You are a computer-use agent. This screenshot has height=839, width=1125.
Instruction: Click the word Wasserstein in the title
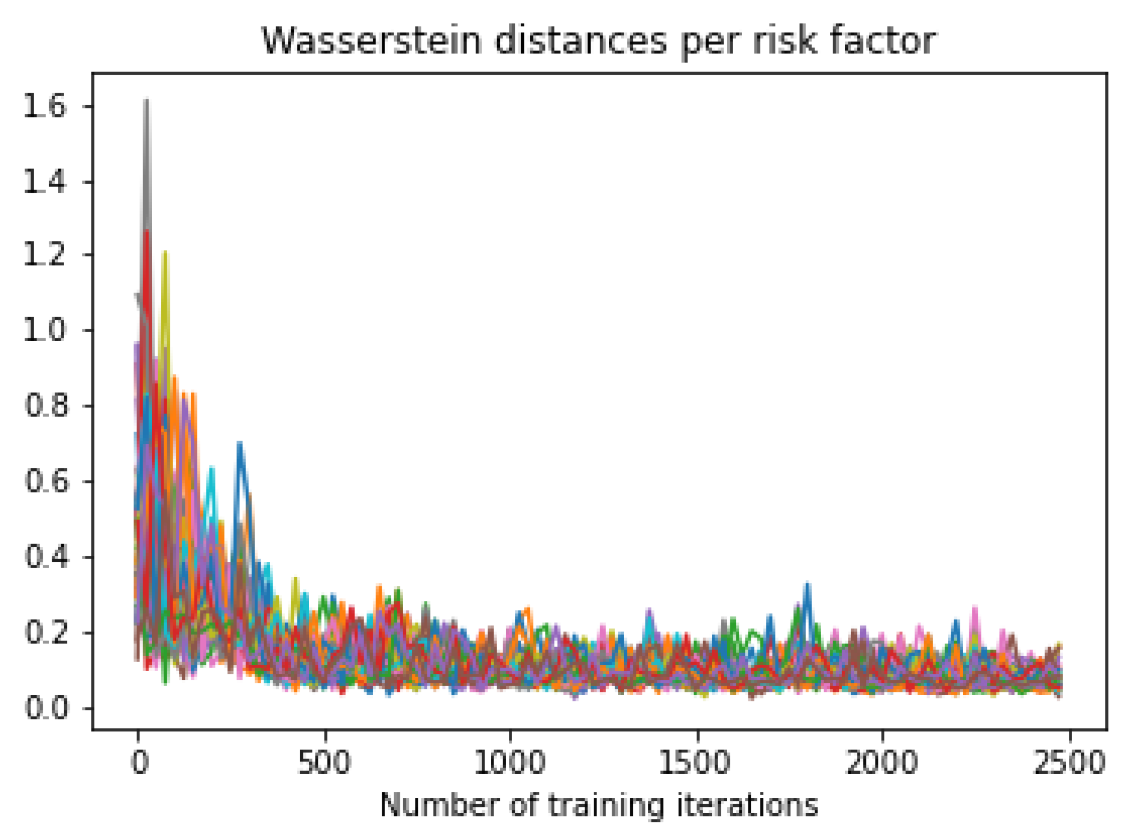click(372, 41)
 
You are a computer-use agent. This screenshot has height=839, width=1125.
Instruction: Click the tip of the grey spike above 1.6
click(146, 100)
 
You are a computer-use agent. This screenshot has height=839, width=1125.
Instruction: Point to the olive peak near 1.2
click(165, 252)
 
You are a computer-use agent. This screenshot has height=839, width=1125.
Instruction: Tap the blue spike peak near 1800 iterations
click(807, 584)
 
